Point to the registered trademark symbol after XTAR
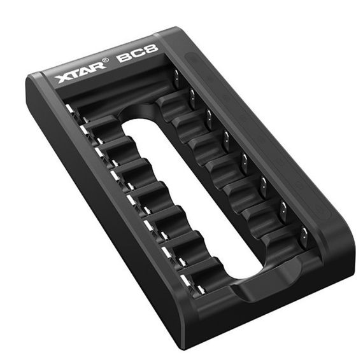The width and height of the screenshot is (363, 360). point(105,60)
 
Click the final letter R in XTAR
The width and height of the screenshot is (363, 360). point(98,66)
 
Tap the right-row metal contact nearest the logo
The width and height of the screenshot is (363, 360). point(176,79)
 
